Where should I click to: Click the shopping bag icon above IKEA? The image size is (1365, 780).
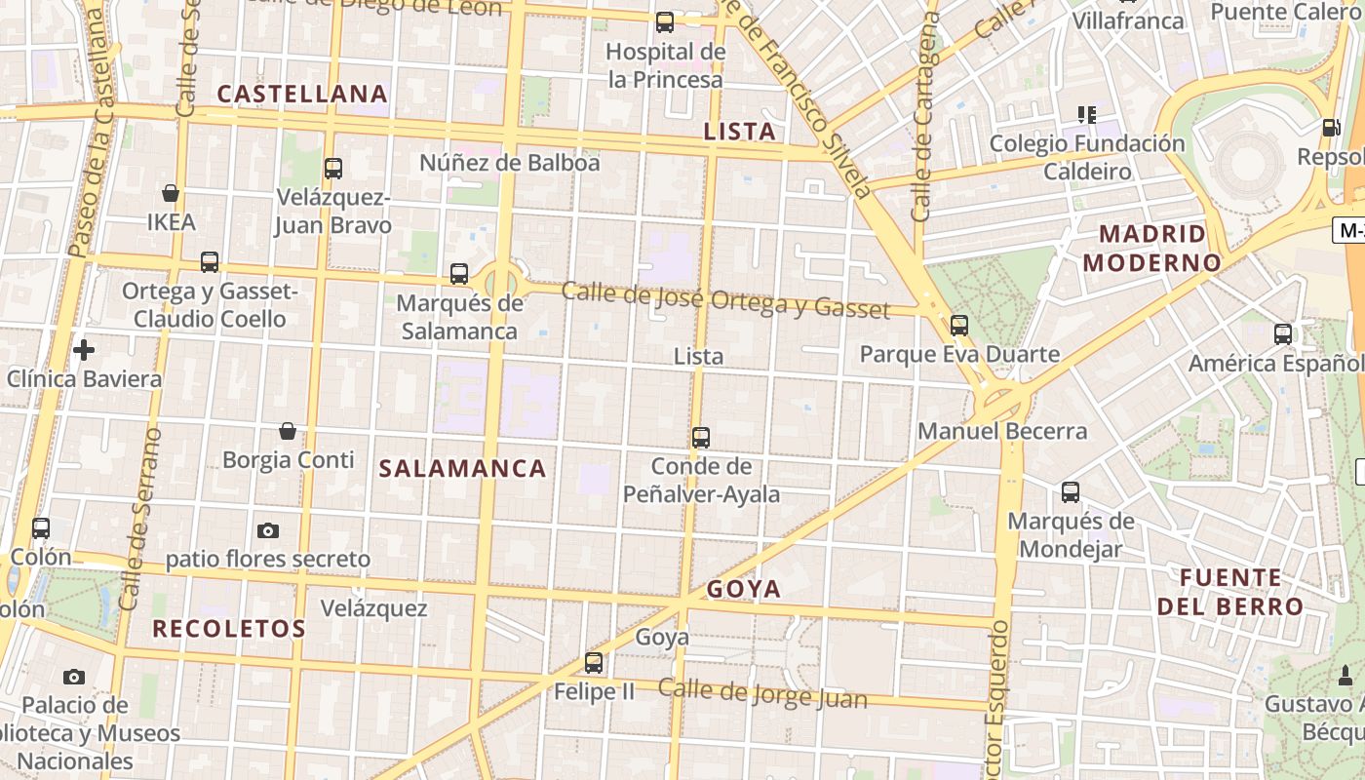click(x=171, y=193)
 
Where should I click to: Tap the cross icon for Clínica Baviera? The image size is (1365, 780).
click(x=84, y=349)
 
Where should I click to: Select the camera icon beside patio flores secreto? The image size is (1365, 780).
click(x=268, y=530)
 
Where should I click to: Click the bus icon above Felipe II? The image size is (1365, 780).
click(x=593, y=663)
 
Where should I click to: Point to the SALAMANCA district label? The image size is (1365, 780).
click(x=462, y=469)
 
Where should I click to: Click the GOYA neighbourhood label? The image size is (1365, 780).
click(x=744, y=589)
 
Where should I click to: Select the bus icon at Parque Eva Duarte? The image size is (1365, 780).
click(x=959, y=326)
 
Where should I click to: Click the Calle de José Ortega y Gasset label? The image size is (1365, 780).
click(x=725, y=300)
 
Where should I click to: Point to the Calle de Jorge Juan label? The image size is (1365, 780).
click(x=761, y=694)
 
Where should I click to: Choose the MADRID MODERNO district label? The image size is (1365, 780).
click(x=1152, y=249)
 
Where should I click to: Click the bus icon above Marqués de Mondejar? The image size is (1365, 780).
click(x=1071, y=492)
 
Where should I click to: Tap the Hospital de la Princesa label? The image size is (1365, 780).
click(x=666, y=65)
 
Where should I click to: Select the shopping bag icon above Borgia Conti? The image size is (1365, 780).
click(x=288, y=430)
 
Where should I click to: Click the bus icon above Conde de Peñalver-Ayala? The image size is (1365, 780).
click(x=701, y=438)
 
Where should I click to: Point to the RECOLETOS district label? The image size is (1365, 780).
click(x=229, y=629)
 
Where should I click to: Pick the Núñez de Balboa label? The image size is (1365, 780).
click(x=509, y=163)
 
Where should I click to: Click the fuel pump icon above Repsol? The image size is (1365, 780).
click(x=1330, y=128)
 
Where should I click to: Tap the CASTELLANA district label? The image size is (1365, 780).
click(x=302, y=95)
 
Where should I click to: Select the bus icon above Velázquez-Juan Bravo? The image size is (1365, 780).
click(x=333, y=169)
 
